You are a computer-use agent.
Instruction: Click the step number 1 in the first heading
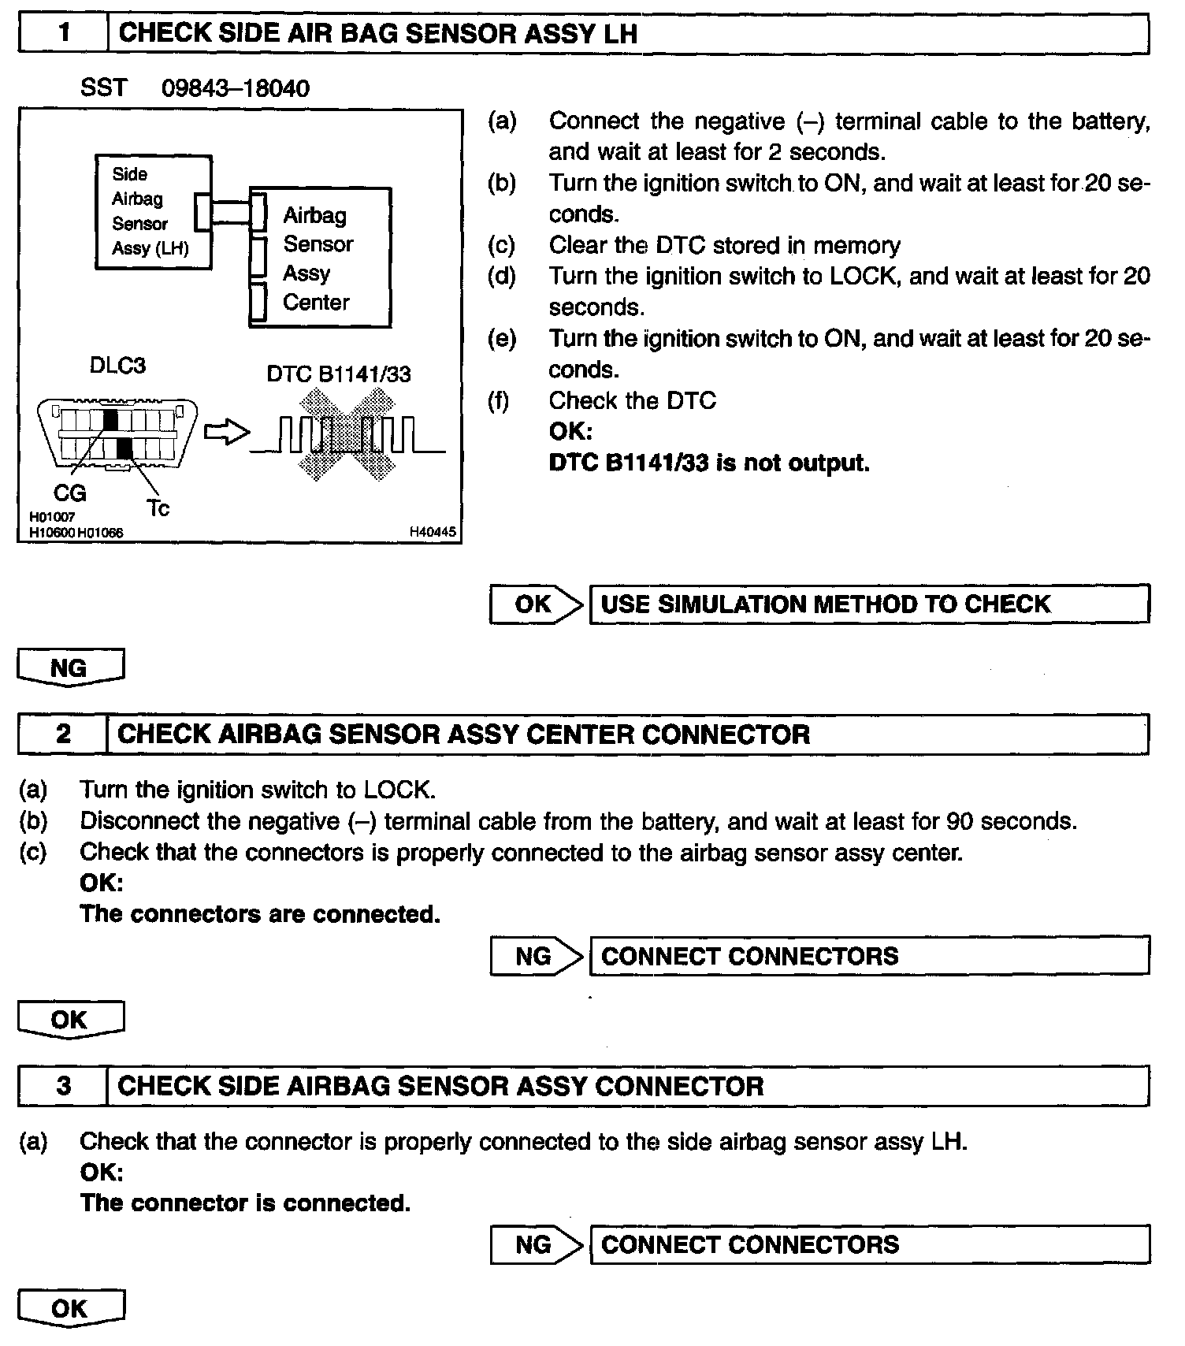[63, 33]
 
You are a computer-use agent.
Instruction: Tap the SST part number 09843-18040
[235, 87]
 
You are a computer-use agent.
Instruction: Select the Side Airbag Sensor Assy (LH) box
[152, 211]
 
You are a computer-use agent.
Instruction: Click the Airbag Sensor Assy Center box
[320, 258]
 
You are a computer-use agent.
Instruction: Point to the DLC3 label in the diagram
[117, 366]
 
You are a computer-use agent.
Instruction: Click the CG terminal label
[69, 493]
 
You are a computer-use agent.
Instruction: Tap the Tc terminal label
[158, 508]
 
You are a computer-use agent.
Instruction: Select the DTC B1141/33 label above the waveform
[339, 374]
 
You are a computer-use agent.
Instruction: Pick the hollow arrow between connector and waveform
[226, 433]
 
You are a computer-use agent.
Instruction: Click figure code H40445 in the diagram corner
[433, 532]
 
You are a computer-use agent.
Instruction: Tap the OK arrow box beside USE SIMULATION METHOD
[534, 604]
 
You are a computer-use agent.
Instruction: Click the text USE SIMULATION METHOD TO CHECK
[825, 604]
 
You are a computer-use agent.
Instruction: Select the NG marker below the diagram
[69, 668]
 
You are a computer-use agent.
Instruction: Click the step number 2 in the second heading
[63, 734]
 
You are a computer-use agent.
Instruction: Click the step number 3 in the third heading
[63, 1086]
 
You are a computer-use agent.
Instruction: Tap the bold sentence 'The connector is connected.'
[245, 1203]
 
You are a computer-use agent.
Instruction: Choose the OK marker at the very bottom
[69, 1308]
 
